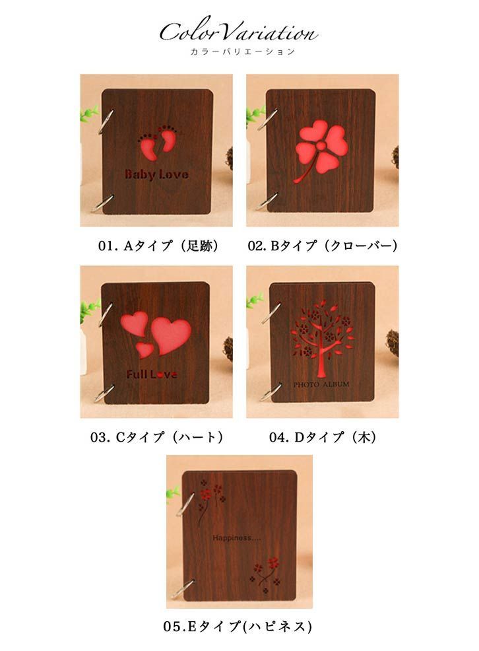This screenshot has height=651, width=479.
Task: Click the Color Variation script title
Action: click(239, 31)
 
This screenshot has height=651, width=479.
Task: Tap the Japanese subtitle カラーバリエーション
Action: click(239, 51)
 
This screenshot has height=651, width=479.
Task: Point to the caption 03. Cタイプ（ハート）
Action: click(158, 436)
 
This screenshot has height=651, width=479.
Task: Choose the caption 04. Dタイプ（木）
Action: click(322, 436)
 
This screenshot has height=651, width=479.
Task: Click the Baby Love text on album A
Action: click(156, 175)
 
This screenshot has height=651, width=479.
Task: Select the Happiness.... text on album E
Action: click(237, 538)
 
